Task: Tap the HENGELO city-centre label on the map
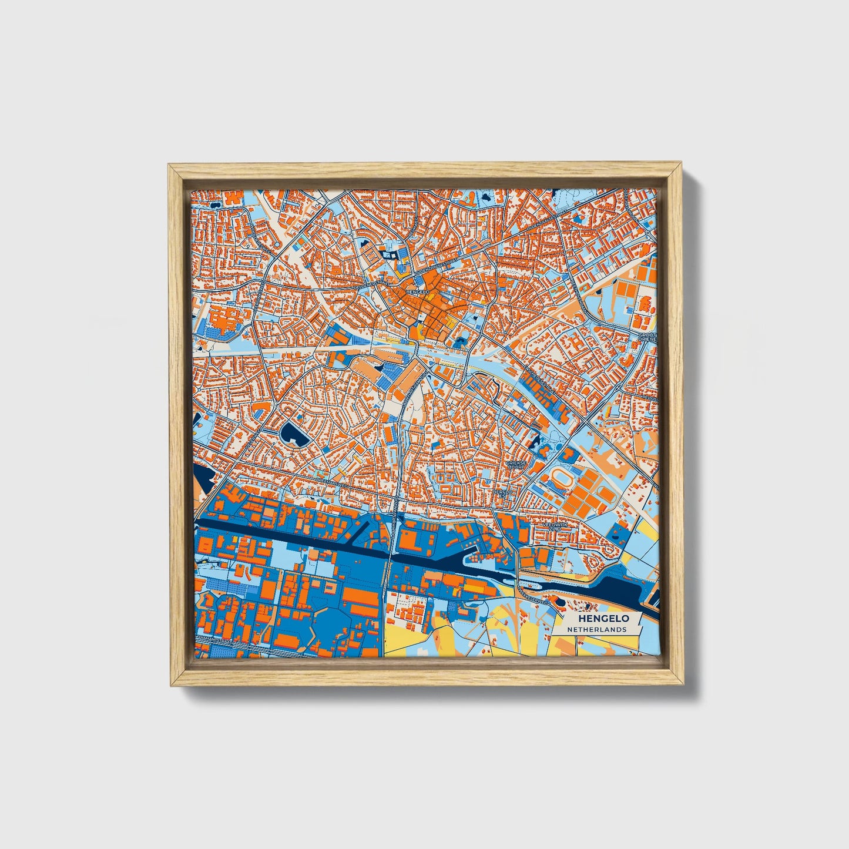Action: tap(418, 291)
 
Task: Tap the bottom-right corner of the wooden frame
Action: tap(683, 684)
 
